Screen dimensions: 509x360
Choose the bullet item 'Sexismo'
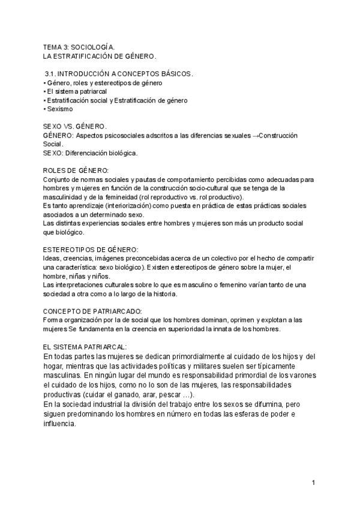[x=59, y=109]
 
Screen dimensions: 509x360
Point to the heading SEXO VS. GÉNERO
[x=74, y=127]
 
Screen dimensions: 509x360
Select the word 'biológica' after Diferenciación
[x=119, y=153]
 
